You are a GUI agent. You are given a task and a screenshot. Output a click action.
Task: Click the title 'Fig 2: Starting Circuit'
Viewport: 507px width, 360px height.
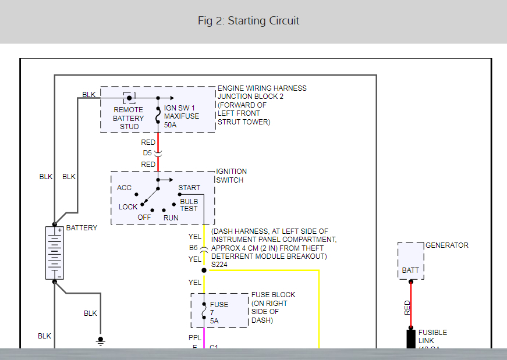coord(249,21)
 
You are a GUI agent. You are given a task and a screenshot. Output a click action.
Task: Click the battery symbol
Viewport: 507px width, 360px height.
coord(54,253)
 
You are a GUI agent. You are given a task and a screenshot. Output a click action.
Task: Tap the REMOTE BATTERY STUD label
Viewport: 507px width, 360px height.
coord(127,117)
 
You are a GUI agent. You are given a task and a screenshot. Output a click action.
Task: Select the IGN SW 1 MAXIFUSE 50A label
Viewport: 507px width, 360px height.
coord(181,116)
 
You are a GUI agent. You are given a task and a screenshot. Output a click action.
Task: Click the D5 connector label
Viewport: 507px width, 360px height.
coord(148,153)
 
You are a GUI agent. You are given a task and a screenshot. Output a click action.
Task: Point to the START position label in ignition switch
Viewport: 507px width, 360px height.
coord(189,187)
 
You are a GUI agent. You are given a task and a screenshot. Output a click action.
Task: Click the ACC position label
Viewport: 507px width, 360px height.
coord(124,187)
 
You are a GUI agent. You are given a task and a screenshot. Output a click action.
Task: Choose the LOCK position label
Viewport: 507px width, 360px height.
coord(128,206)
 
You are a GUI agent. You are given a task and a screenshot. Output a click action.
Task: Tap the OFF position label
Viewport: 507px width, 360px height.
coord(144,217)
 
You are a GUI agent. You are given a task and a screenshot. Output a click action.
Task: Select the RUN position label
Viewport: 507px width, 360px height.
coord(171,217)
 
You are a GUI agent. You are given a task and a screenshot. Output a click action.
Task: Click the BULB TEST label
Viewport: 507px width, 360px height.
coord(189,205)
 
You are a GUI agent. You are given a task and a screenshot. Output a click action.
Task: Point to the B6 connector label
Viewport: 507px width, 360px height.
coord(193,248)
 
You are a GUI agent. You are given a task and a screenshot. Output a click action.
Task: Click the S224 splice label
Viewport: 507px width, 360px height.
coord(219,265)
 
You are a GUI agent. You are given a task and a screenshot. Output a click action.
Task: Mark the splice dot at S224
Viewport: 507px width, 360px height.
coord(204,270)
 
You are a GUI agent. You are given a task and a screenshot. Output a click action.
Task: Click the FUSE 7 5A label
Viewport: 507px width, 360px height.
coord(219,312)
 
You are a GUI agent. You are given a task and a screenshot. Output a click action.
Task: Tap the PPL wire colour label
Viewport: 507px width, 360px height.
coord(195,337)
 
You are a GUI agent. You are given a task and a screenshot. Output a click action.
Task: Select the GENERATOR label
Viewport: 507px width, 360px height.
coord(446,245)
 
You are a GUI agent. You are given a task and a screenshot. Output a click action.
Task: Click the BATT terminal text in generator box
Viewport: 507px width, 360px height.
coord(410,270)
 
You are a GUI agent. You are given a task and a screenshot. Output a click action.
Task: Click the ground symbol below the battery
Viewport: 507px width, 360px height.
coord(101,340)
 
